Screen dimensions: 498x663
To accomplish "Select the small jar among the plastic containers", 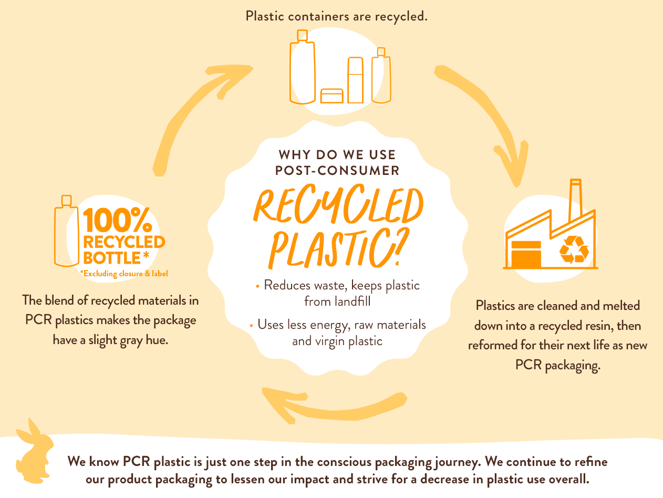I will pyautogui.click(x=331, y=96).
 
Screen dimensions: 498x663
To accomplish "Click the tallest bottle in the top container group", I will pyautogui.click(x=302, y=68).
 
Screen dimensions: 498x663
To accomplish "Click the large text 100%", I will pyautogui.click(x=117, y=221).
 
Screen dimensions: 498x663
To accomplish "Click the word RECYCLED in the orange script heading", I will pyautogui.click(x=339, y=207).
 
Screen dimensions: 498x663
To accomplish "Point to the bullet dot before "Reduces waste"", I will pyautogui.click(x=257, y=287).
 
